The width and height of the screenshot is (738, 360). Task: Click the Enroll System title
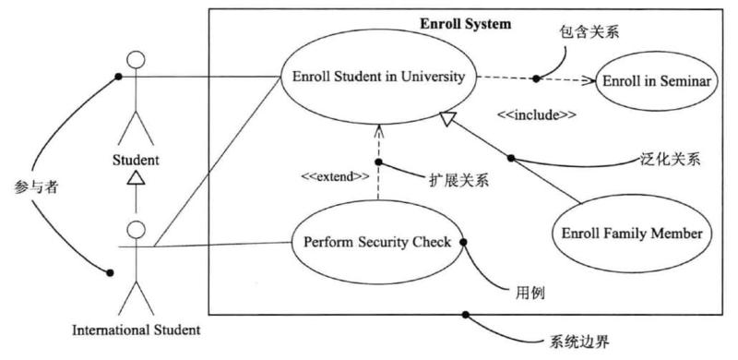(x=465, y=24)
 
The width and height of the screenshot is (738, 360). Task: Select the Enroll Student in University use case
(x=379, y=76)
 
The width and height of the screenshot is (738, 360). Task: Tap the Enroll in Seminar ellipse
(x=656, y=80)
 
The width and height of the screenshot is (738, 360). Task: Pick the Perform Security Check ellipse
(x=376, y=243)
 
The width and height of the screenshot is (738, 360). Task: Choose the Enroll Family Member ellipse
(x=631, y=234)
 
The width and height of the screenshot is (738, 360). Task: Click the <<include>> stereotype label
(x=537, y=115)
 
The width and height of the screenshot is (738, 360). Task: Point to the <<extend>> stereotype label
(x=336, y=174)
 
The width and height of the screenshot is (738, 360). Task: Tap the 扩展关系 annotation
(x=458, y=180)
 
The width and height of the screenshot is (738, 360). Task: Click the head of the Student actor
(x=137, y=61)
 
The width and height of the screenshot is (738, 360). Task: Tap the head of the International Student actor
(x=137, y=229)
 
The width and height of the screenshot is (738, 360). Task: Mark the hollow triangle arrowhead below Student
(x=137, y=178)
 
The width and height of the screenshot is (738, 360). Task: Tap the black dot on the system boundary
(x=467, y=315)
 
